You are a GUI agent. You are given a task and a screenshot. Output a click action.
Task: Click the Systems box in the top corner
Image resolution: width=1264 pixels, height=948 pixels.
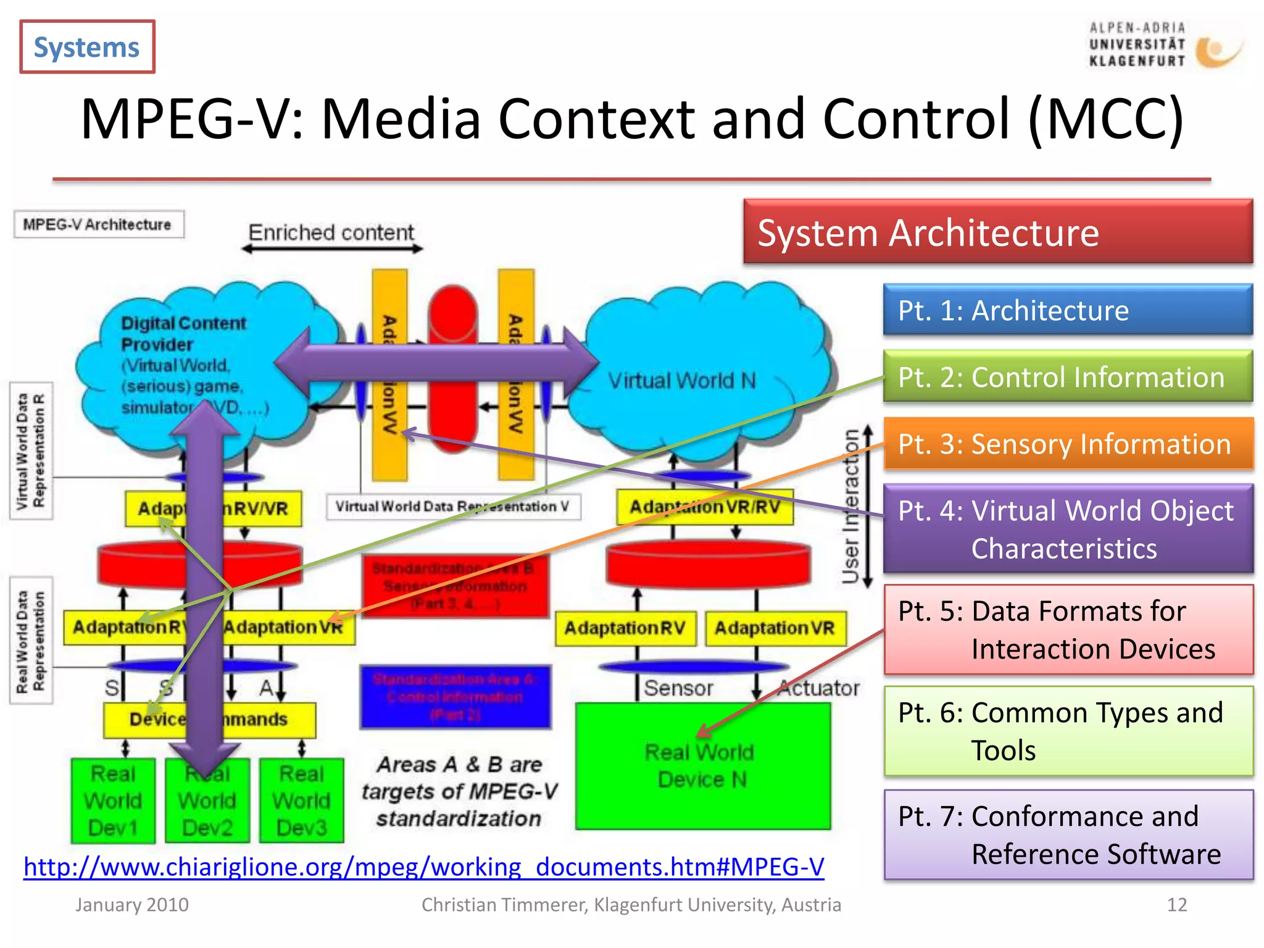click(x=87, y=47)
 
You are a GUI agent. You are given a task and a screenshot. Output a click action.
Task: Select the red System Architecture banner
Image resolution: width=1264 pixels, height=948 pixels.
click(x=997, y=233)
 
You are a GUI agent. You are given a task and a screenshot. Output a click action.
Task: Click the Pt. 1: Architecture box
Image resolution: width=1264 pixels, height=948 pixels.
click(x=1068, y=310)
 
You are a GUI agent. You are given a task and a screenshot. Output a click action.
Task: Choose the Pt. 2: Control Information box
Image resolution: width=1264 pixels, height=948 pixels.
click(x=1068, y=376)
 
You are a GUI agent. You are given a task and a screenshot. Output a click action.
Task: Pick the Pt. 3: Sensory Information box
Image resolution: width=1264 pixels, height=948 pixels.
click(x=1068, y=444)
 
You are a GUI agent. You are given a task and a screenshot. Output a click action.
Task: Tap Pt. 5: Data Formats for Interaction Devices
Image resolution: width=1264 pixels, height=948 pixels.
click(x=1068, y=630)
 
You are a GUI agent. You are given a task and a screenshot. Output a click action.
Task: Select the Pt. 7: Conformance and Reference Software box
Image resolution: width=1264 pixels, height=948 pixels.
click(x=1068, y=834)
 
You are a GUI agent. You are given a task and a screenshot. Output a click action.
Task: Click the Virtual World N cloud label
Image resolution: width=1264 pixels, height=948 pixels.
click(x=682, y=380)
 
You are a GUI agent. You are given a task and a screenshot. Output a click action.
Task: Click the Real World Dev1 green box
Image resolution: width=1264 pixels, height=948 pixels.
click(x=113, y=800)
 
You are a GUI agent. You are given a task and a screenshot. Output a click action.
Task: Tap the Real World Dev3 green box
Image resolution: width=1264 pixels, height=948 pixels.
click(x=301, y=800)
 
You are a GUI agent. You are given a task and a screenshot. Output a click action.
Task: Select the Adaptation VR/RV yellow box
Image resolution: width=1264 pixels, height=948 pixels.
click(x=704, y=507)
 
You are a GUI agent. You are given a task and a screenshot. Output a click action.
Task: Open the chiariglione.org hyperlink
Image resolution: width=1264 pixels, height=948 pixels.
click(x=423, y=867)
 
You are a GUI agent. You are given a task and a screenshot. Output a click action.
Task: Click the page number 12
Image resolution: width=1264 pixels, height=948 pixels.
click(x=1176, y=905)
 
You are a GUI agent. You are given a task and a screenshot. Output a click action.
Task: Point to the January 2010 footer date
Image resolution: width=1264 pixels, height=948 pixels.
click(x=132, y=905)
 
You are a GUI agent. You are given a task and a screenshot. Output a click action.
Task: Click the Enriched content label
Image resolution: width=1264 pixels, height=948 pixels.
click(x=331, y=233)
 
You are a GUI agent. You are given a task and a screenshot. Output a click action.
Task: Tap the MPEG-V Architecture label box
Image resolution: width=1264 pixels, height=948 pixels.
click(x=98, y=225)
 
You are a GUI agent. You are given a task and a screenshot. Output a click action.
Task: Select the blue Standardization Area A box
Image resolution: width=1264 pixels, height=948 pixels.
click(x=455, y=697)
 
